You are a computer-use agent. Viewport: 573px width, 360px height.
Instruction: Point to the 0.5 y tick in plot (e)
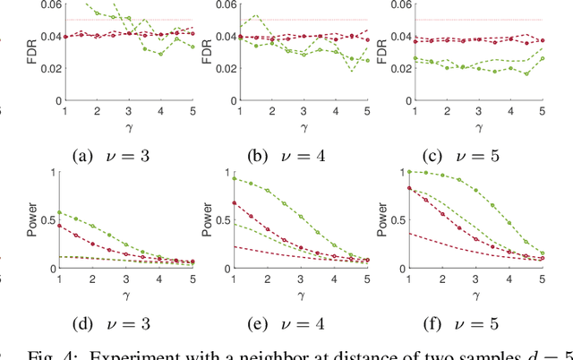click(x=229, y=220)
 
